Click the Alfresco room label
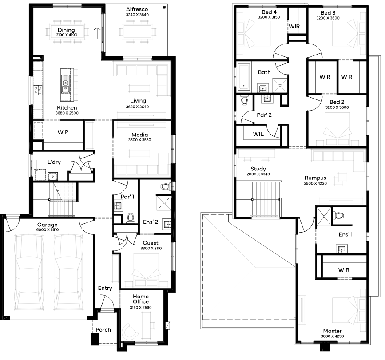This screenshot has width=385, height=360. (x=137, y=9)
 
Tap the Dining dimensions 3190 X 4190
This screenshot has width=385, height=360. (x=67, y=35)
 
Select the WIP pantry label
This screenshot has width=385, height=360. (x=63, y=132)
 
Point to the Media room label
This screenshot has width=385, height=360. (x=140, y=135)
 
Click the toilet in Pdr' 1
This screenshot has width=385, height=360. (x=131, y=218)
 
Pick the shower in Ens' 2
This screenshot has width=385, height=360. (x=164, y=202)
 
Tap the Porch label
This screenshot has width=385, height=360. (x=103, y=329)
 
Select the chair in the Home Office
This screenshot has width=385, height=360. (x=130, y=331)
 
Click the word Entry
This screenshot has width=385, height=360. (x=105, y=288)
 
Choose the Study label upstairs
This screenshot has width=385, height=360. (x=258, y=169)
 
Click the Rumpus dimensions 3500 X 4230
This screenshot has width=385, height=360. (x=315, y=184)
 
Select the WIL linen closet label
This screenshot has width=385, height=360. (x=258, y=134)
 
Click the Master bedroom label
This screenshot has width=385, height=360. (x=333, y=331)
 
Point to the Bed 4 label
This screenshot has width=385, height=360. (x=269, y=12)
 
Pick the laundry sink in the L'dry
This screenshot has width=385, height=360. (x=52, y=176)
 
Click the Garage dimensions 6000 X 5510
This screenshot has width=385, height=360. (x=48, y=230)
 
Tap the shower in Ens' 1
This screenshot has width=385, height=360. (x=324, y=217)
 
